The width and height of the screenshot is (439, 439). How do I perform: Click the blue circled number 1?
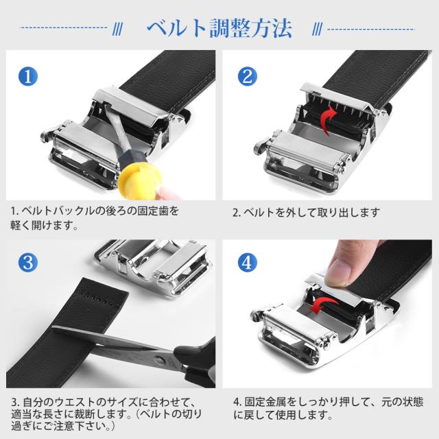coord(28,76)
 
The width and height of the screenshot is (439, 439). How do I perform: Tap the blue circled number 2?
coord(248,76)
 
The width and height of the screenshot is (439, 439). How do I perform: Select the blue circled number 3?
coord(28,262)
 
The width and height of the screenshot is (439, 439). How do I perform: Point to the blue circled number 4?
coord(248,262)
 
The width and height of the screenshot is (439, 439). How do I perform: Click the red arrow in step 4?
coord(323,305)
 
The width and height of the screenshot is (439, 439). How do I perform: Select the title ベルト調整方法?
coord(219,29)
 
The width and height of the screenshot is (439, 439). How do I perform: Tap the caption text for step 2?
coord(307,213)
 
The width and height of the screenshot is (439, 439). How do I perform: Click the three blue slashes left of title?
coord(118,29)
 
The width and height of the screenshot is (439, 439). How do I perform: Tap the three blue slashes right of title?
coord(317,29)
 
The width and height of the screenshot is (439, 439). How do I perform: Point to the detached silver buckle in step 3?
coord(152,265)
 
